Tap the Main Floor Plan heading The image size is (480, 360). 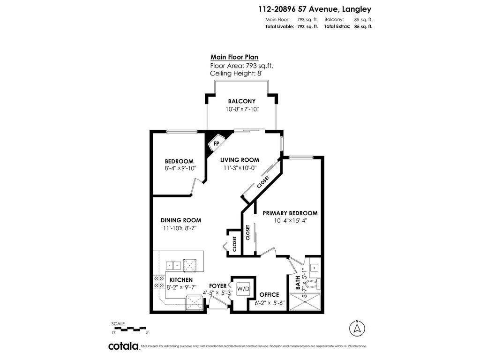234,57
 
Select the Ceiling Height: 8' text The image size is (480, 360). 236,74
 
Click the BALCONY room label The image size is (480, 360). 241,101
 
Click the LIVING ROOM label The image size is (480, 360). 240,160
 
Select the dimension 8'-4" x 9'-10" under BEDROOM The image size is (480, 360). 180,168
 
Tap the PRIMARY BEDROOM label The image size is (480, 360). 290,213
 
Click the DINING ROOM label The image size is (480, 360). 181,220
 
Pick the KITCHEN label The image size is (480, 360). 181,280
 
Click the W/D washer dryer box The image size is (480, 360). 243,288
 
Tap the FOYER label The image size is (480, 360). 217,286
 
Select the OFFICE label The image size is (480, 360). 270,295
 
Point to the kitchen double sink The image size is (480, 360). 174,266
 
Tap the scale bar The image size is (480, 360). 130,329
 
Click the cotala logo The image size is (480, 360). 123,346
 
